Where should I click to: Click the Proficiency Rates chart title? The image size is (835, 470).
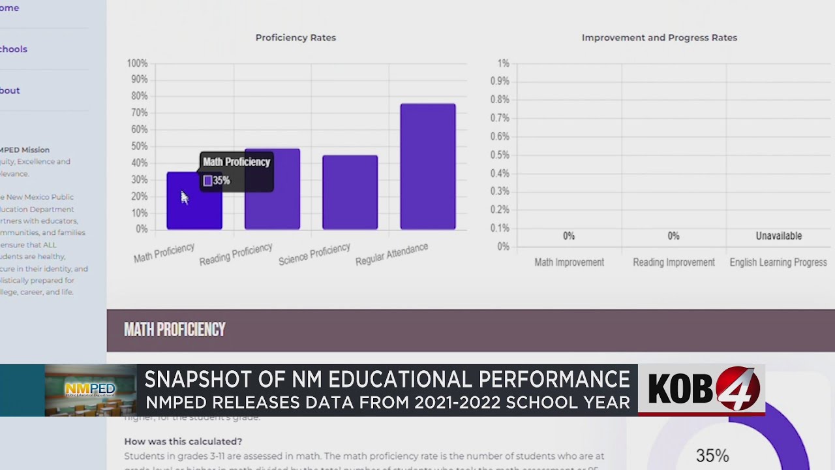(296, 38)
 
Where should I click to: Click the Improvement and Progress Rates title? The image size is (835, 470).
(660, 38)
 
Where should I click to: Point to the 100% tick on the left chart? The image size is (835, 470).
(137, 63)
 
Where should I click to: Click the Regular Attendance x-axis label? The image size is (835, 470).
(392, 255)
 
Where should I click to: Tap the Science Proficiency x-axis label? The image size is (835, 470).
(314, 255)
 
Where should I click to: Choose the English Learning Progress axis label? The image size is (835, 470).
(778, 262)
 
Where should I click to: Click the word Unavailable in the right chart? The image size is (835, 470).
(779, 236)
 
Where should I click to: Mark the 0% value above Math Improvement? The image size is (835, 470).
(569, 236)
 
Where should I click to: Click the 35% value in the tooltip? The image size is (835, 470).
(221, 181)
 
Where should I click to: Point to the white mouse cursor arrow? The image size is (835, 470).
(184, 197)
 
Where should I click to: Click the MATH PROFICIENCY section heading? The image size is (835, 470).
(175, 330)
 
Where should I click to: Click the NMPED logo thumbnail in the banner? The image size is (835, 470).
(90, 390)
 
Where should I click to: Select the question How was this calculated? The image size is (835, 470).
(183, 442)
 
